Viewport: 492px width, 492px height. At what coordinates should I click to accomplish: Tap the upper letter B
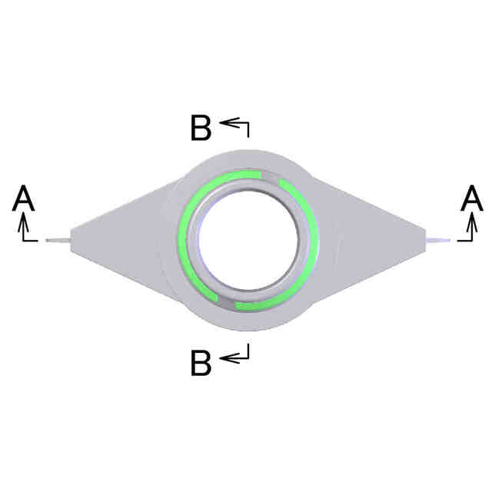coord(201,128)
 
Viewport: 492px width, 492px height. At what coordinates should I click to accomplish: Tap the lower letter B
coord(201,364)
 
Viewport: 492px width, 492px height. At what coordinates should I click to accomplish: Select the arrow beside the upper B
coord(234,123)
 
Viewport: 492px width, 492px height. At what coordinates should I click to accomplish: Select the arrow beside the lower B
coord(234,356)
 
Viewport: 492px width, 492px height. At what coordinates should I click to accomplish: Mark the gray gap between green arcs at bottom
coord(228,301)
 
